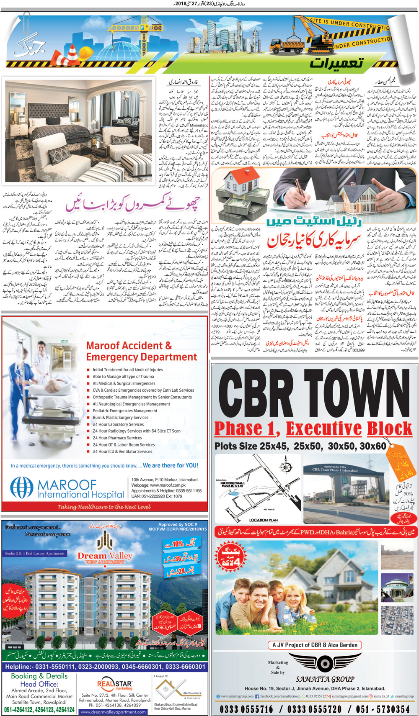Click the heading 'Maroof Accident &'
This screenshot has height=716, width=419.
[x=129, y=346]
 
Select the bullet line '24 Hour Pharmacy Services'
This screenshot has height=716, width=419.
[x=117, y=438]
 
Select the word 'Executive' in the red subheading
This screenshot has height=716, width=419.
[x=323, y=429]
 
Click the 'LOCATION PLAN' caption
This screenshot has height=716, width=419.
[x=263, y=520]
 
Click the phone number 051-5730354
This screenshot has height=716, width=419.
[x=384, y=709]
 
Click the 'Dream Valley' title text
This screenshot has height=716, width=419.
[x=105, y=556]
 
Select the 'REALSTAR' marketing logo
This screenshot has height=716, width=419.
[x=114, y=685]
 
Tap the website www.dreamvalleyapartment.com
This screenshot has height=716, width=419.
[x=114, y=712]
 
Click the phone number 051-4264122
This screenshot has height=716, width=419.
[x=21, y=710]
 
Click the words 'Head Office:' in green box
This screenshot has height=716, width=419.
[x=39, y=684]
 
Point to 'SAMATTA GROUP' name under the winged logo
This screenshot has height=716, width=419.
[x=325, y=679]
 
